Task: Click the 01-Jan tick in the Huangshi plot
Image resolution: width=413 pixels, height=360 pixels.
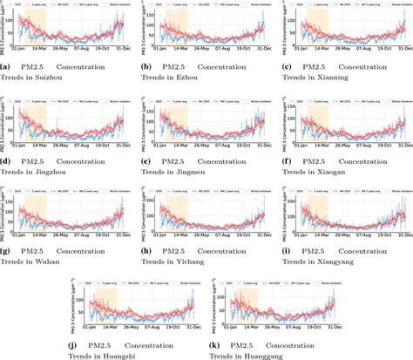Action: point(85,330)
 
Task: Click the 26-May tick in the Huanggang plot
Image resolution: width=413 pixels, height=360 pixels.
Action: point(268,330)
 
